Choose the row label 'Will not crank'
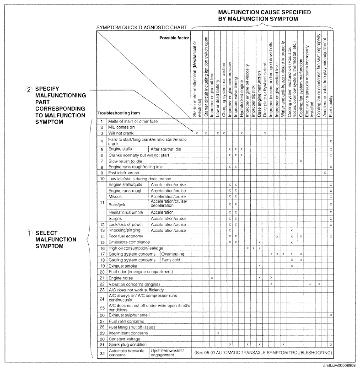[118, 133]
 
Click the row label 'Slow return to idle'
[123, 161]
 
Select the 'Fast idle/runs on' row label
[122, 172]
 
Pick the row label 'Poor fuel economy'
[124, 236]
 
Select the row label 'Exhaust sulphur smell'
[129, 315]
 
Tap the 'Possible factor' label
[174, 38]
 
